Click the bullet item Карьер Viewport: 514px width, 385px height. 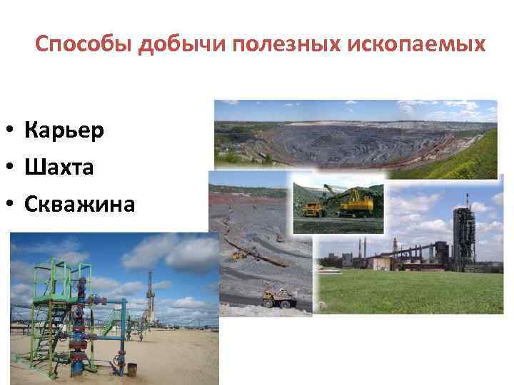64,130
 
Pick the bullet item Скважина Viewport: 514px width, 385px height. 79,205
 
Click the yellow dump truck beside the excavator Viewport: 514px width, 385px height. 314,209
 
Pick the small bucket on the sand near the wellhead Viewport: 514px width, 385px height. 131,369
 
